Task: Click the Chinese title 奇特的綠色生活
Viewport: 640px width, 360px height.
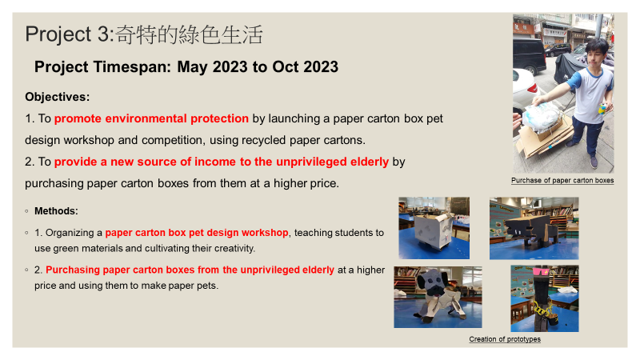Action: [189, 34]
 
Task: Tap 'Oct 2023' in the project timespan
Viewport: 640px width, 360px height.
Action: [306, 67]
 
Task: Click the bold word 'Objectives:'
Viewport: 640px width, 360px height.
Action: [57, 97]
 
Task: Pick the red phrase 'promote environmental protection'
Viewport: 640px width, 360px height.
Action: [151, 118]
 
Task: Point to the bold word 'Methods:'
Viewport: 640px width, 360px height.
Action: [56, 211]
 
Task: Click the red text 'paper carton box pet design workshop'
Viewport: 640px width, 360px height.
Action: [197, 233]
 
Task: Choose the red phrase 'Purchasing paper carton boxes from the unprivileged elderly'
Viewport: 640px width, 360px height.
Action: [190, 270]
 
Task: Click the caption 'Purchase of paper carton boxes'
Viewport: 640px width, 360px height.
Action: [562, 181]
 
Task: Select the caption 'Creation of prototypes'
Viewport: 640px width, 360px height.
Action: [505, 339]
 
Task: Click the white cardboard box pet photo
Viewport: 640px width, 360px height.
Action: [434, 228]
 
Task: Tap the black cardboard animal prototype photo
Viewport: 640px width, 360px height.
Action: [534, 228]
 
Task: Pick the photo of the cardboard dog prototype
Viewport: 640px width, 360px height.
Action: [438, 297]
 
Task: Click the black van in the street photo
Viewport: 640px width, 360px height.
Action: [529, 55]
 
